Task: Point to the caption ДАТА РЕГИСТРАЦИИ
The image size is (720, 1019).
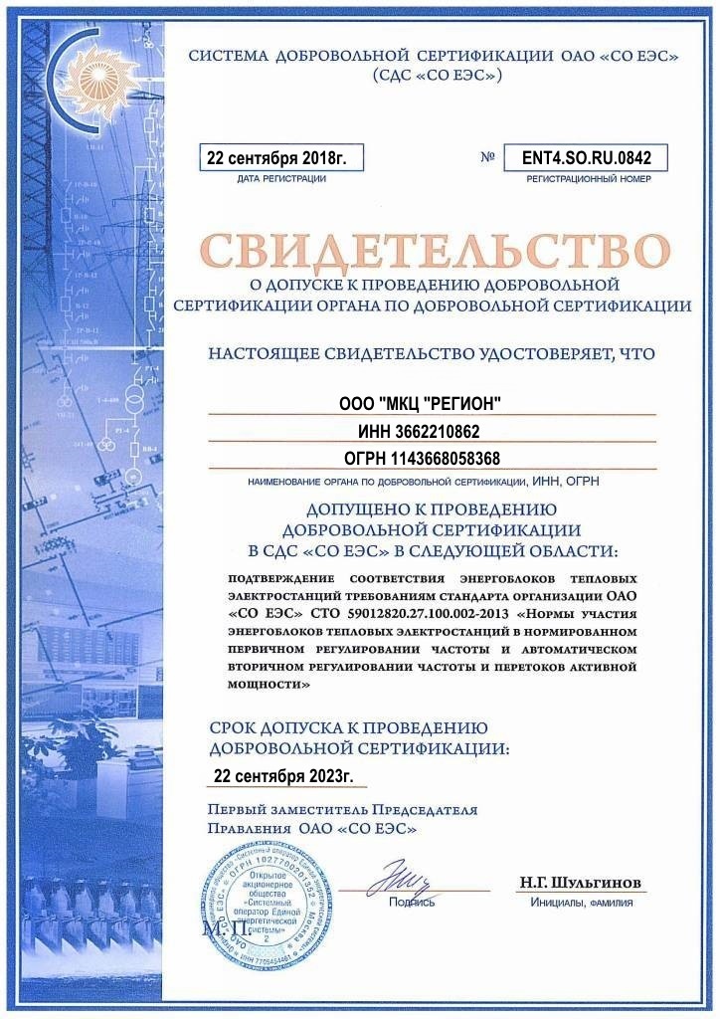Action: tap(281, 179)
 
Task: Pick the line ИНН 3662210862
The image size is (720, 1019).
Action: tap(420, 431)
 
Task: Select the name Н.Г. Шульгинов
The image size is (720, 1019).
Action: tap(580, 883)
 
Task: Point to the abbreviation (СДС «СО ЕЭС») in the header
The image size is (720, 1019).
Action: tap(437, 75)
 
